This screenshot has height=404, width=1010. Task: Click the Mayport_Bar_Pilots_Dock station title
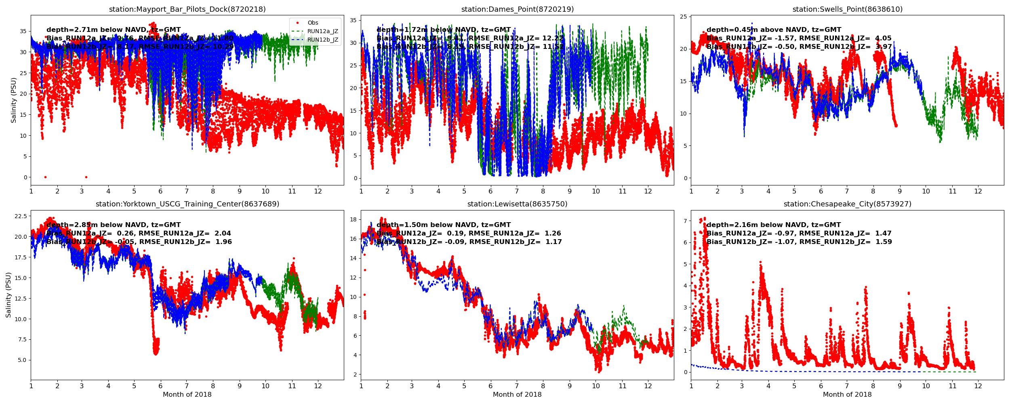pos(187,9)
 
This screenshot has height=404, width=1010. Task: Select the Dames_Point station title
pos(517,9)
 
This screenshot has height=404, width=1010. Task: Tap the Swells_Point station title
pos(847,9)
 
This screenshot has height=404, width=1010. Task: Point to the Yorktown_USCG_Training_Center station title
pos(187,204)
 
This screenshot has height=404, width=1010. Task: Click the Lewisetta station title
pos(517,204)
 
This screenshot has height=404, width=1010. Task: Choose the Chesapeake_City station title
pos(847,204)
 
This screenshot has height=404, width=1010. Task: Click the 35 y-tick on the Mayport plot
pos(23,31)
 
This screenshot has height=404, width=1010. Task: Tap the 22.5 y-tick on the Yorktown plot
pos(21,216)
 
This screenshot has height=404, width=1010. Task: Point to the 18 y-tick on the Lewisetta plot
pos(353,219)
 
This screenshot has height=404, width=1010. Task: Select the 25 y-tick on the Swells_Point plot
pos(684,17)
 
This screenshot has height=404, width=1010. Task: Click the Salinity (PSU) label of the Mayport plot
pos(14,100)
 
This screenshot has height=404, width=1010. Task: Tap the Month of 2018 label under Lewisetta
pos(517,395)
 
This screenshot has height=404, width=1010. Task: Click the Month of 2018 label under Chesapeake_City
pos(847,395)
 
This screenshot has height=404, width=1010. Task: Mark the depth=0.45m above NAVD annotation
pos(774,30)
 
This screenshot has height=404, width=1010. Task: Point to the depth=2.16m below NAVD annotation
pos(773,225)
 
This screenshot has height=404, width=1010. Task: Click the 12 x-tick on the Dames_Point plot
pos(648,191)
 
